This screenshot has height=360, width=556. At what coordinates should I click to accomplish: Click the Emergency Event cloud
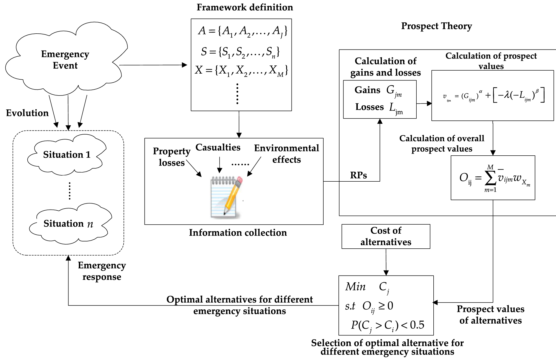[65, 60]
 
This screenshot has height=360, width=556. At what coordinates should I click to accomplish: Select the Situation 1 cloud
[67, 155]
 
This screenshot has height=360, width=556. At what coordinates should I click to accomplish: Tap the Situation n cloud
[68, 224]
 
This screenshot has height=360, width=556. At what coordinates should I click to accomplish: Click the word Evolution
[27, 113]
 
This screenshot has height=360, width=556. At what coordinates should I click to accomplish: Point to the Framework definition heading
[245, 7]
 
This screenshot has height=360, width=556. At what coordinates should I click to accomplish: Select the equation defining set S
[240, 52]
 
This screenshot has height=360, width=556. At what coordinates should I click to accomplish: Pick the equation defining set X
[241, 71]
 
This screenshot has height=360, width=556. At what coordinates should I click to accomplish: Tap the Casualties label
[218, 147]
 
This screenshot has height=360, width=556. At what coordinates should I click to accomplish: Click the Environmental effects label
[286, 154]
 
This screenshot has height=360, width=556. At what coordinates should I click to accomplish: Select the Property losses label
[172, 157]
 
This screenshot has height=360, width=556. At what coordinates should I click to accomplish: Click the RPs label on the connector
[358, 175]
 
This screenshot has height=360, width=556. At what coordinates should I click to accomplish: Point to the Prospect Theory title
[436, 26]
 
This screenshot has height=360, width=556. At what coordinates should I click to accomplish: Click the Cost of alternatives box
[386, 236]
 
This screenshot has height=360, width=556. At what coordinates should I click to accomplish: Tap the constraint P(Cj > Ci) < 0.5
[387, 325]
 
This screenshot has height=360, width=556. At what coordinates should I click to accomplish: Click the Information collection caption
[238, 233]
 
